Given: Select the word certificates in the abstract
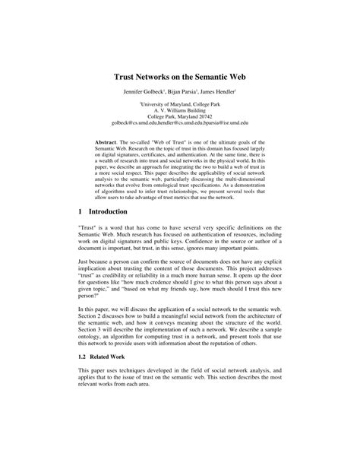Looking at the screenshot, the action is [168, 156].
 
